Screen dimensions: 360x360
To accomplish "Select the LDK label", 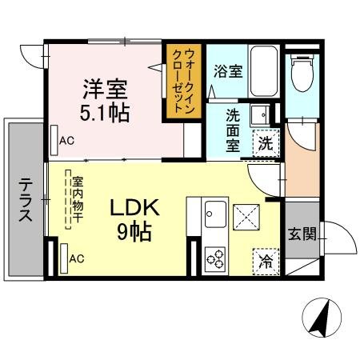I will point(135,209).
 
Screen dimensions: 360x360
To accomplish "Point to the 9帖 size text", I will point(137,233).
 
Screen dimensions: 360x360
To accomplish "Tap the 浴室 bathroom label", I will point(227,70).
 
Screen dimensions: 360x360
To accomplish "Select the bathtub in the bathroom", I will point(263,73).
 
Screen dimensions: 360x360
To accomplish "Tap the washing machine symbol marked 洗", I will point(265,145).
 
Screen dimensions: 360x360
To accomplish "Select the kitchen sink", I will point(215,215).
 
